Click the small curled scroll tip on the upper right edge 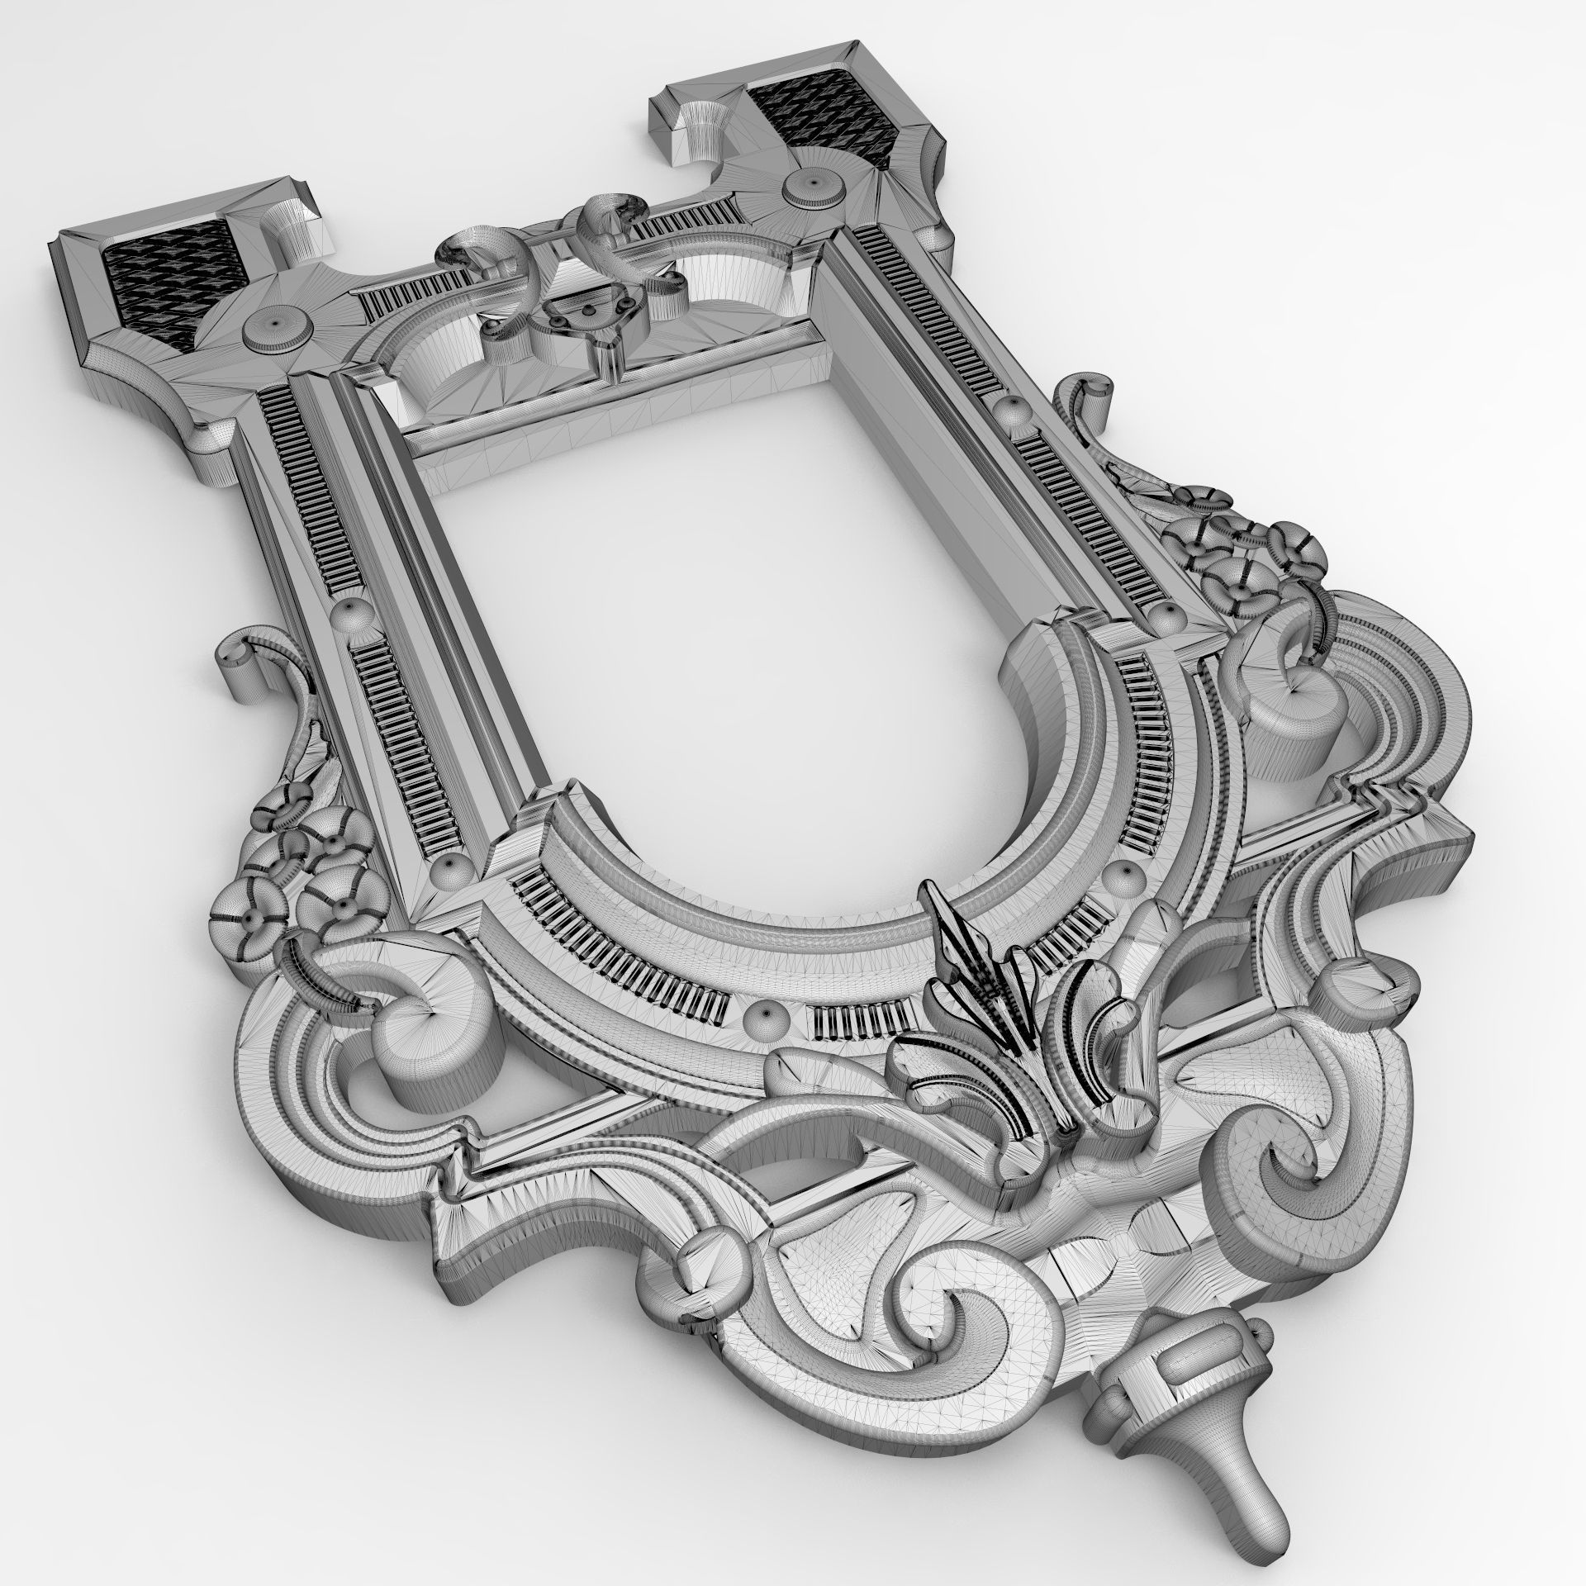pos(1090,396)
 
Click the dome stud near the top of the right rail pos(1009,410)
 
